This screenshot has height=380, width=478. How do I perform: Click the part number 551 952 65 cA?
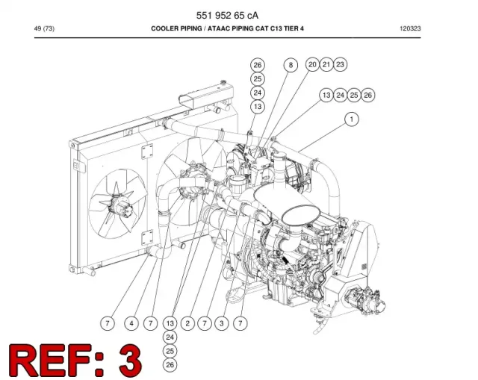(x=227, y=15)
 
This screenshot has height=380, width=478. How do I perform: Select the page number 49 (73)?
(x=44, y=28)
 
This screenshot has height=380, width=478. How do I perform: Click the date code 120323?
(x=410, y=28)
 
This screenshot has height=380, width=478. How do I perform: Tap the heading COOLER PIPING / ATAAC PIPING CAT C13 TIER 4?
(x=227, y=28)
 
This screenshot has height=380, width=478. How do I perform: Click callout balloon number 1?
(x=352, y=119)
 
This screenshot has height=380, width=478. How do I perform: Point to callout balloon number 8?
(x=291, y=65)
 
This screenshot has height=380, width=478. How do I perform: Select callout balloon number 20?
(x=312, y=65)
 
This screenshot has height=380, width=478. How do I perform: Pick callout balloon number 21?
(x=326, y=65)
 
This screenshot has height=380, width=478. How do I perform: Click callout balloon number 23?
(x=340, y=65)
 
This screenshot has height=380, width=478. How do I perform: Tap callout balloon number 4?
(x=131, y=323)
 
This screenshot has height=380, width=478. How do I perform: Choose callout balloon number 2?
(x=187, y=323)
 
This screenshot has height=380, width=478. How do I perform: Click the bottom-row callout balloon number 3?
(x=222, y=323)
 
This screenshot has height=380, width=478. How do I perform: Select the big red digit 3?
(x=131, y=361)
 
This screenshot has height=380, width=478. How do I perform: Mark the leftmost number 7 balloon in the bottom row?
(x=108, y=323)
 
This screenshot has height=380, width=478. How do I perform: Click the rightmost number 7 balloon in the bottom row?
(x=240, y=323)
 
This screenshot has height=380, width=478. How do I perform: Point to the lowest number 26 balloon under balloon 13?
(x=170, y=365)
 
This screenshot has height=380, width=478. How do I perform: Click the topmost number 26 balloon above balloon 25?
(x=258, y=65)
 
